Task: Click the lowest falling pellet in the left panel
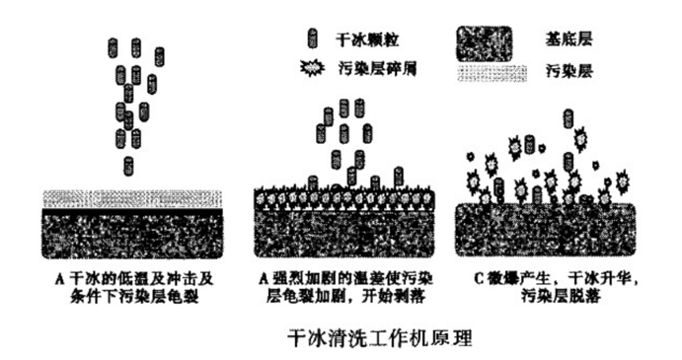127,166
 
